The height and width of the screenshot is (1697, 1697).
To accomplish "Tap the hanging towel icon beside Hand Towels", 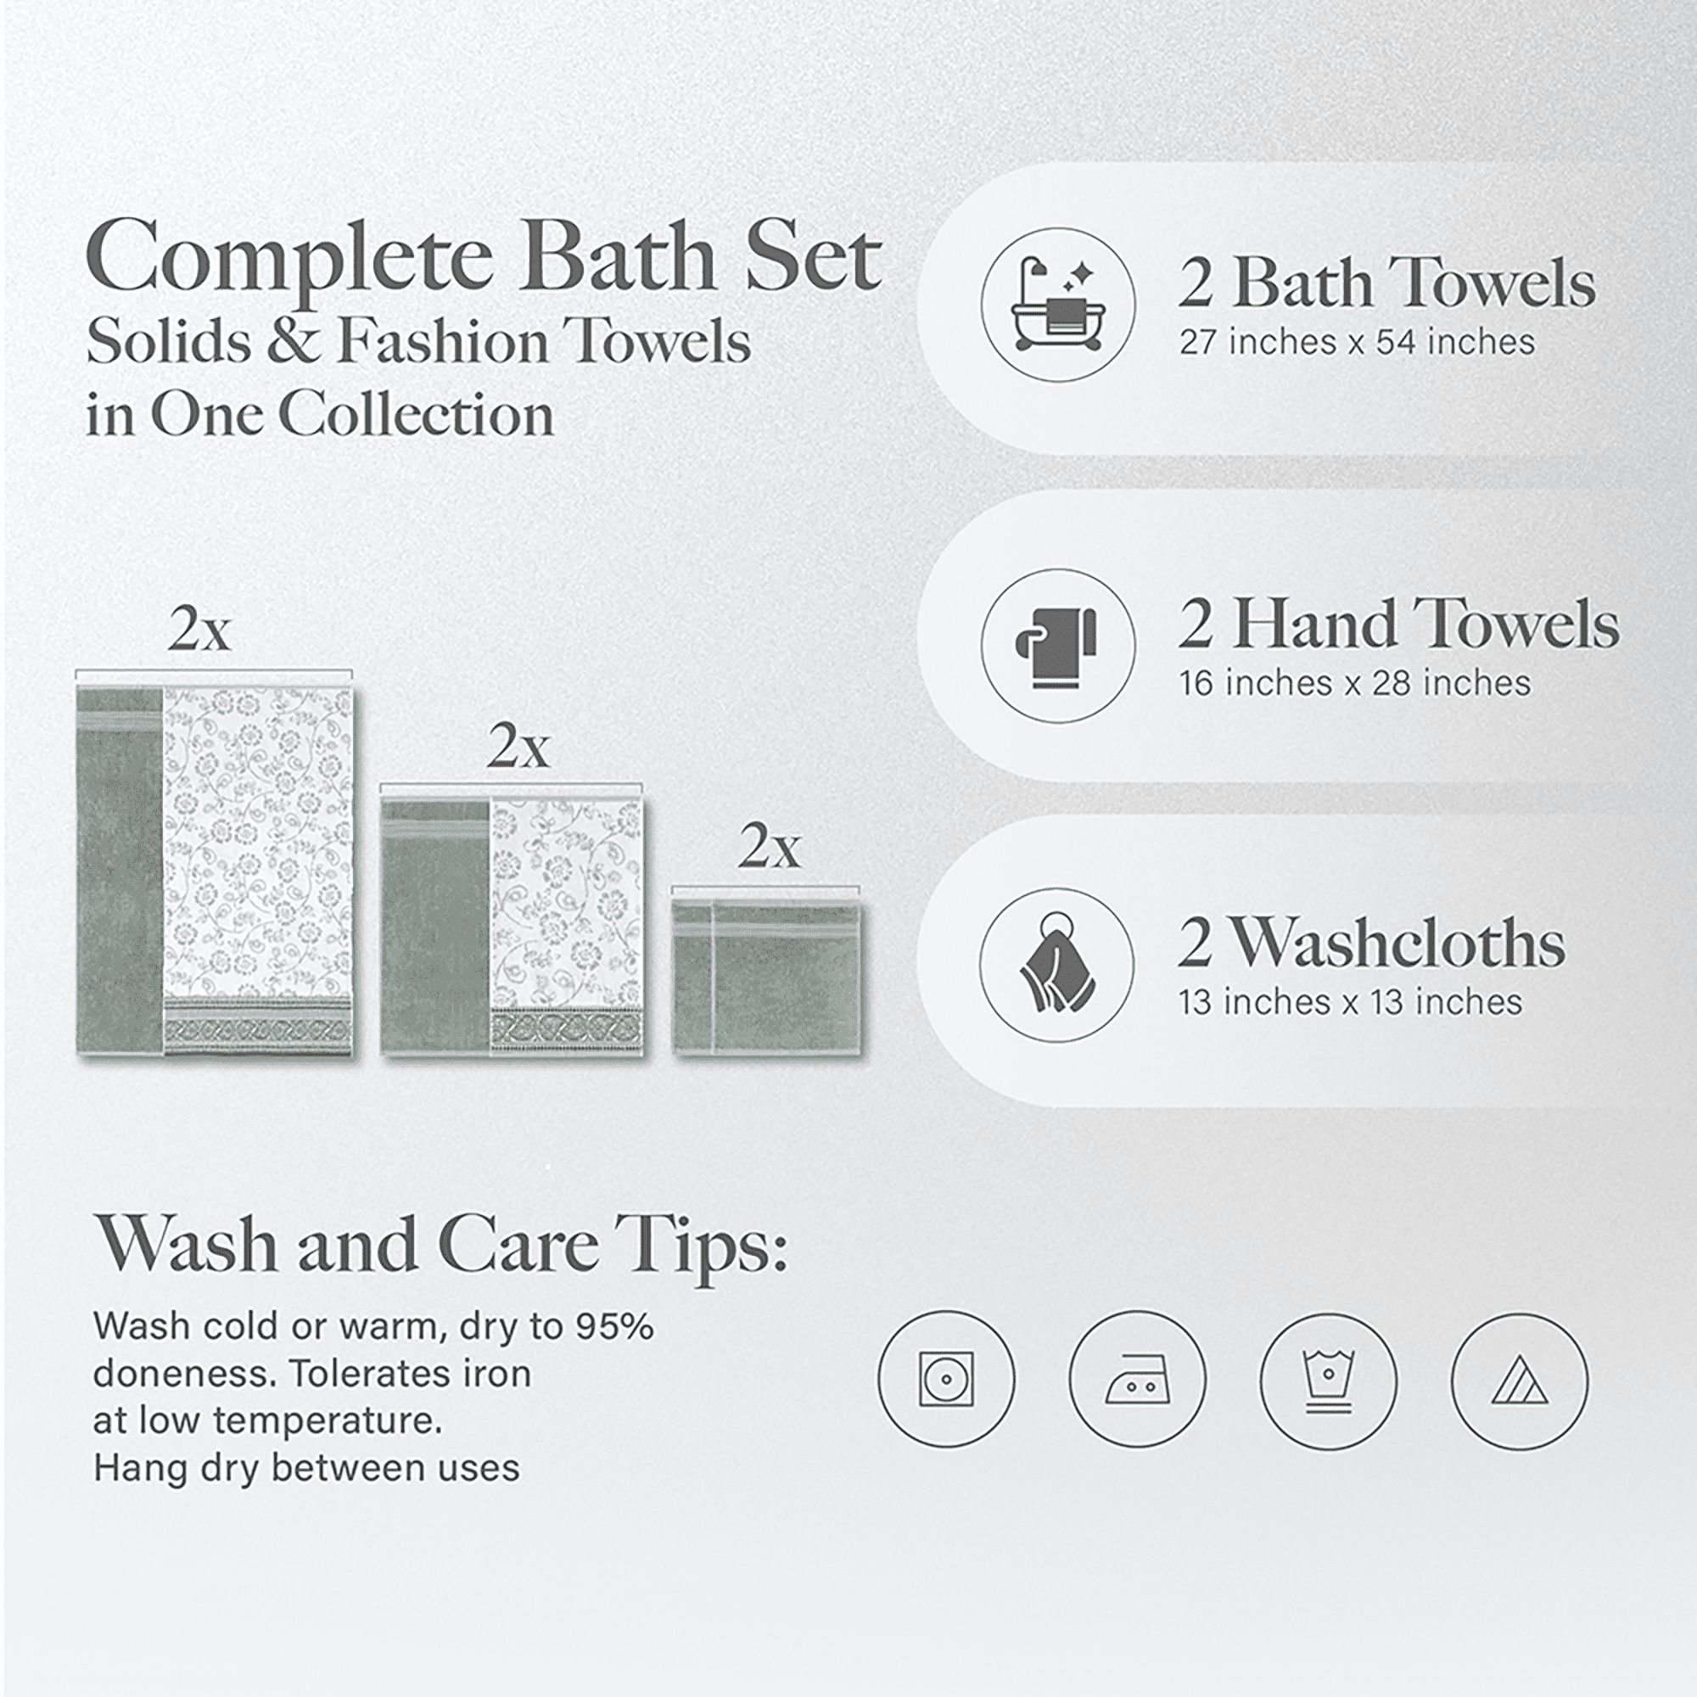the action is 1057,646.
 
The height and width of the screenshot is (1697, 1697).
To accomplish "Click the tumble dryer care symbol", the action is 946,1380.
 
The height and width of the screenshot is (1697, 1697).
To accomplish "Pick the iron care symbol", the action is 1138,1380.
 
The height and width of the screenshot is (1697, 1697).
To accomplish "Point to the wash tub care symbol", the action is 1328,1380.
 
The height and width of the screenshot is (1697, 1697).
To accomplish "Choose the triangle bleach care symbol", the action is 1520,1380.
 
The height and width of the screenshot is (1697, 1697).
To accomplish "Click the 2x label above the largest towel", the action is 199,629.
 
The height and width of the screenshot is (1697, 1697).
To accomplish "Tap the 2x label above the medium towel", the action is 518,748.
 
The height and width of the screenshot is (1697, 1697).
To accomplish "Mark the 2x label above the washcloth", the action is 770,848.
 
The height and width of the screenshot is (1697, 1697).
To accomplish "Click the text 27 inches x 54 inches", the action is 1357,342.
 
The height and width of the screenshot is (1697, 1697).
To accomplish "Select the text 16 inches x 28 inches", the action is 1354,682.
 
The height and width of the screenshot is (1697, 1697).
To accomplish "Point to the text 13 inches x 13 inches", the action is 1350,1002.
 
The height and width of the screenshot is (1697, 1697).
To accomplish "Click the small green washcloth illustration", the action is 767,975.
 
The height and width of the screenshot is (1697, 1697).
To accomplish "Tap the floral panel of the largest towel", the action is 258,843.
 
